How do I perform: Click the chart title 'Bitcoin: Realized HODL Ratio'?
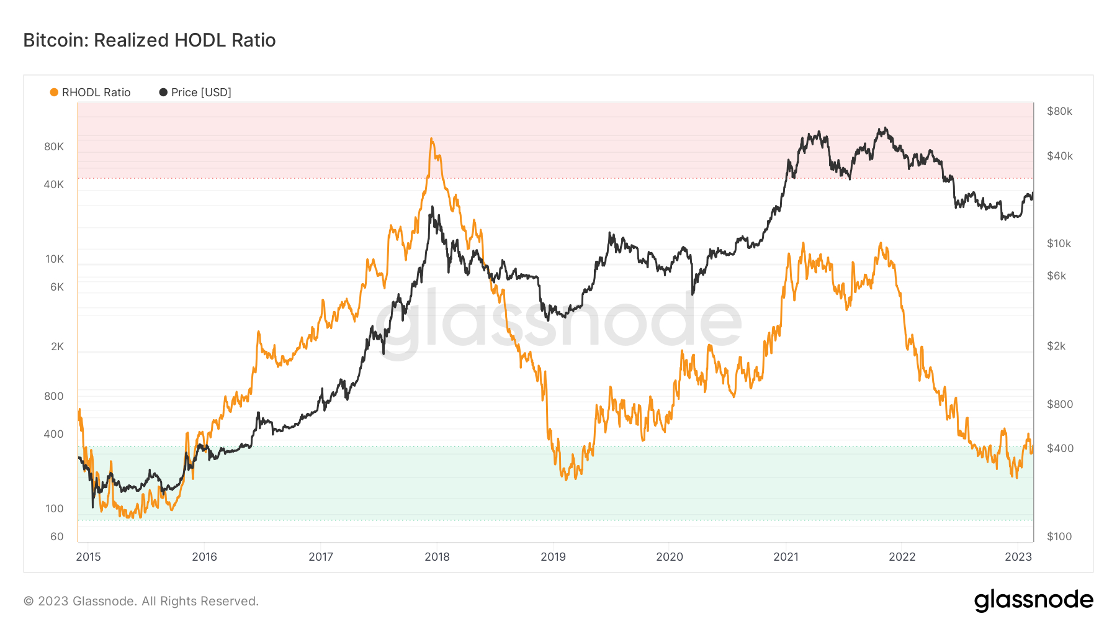point(149,40)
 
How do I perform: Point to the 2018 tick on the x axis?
point(437,557)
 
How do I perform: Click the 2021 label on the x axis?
point(786,557)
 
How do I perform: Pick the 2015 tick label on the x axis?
point(88,557)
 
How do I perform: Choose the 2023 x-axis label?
point(1018,557)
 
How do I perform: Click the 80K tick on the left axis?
point(54,147)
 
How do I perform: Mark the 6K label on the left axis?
point(57,287)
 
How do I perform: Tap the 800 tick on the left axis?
point(54,396)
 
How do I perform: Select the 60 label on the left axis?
point(57,536)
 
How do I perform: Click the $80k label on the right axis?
point(1059,112)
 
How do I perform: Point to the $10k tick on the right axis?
point(1059,243)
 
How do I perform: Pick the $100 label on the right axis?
point(1059,536)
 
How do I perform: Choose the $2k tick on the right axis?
point(1056,346)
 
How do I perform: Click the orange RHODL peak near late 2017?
point(431,139)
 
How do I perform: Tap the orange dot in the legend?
point(54,93)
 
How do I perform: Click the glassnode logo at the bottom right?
point(1033,600)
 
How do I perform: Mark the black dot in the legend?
point(163,93)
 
